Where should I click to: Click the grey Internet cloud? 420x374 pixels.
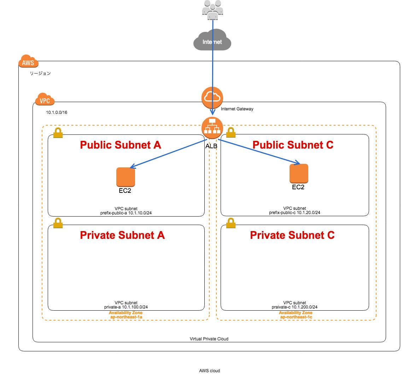coord(212,40)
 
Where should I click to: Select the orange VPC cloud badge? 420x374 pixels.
coord(45,100)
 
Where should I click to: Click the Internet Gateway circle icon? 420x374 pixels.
coord(212,97)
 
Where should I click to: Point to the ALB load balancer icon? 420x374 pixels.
coord(212,128)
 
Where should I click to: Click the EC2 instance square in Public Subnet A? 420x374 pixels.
coord(126,177)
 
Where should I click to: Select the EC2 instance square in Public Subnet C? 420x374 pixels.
coord(299,173)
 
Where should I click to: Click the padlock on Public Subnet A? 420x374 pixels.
coord(58,133)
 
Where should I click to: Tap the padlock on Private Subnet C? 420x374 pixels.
coord(231,223)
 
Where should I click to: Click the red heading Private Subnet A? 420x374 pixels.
coord(122,235)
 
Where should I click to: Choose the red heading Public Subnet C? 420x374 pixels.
coord(293,145)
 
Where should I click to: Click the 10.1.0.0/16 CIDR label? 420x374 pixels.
coord(57,113)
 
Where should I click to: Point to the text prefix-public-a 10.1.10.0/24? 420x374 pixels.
coord(126,213)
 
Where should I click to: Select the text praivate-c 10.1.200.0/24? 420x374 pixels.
coord(294,307)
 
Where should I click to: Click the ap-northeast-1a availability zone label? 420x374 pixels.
coord(126,317)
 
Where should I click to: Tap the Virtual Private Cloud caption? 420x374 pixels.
coord(209,339)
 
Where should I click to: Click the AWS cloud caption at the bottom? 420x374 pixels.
coord(209,371)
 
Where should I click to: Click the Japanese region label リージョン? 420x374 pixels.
coord(40,73)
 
